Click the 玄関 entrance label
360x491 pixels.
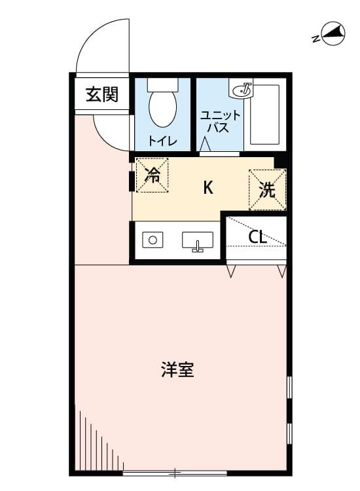point(102,94)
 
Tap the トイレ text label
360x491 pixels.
point(163,141)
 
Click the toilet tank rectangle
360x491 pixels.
point(163,84)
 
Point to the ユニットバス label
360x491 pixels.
point(221,122)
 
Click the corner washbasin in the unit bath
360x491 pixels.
point(242,90)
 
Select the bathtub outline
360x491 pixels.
point(265,115)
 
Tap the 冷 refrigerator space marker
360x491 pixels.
point(152,175)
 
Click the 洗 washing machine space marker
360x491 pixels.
point(267,190)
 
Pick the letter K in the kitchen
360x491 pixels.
point(208,188)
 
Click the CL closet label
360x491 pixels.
point(257,237)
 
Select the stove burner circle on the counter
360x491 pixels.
point(153,240)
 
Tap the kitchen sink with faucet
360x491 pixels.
point(198,242)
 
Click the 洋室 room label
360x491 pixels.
point(177,370)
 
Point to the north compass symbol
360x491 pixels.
point(333,34)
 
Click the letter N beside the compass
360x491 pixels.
point(316,39)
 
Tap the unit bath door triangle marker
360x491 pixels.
point(205,145)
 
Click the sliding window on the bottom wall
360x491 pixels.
point(175,473)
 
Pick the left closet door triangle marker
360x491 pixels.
point(231,271)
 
